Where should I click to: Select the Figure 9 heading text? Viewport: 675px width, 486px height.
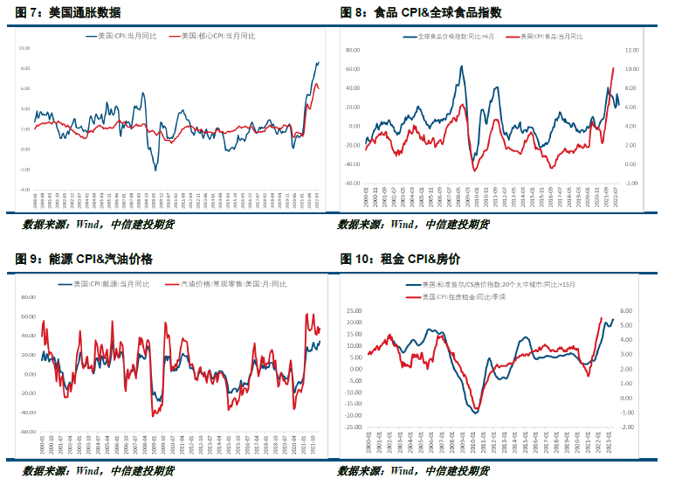(83, 259)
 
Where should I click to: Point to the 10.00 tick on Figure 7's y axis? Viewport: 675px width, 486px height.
(24, 48)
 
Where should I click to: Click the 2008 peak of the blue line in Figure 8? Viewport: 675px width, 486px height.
(462, 66)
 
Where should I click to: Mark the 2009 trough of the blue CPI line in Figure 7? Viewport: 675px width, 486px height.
(155, 170)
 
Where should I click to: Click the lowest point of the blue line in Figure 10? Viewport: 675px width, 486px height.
(476, 412)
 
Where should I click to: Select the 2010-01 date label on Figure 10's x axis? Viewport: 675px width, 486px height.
(464, 449)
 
